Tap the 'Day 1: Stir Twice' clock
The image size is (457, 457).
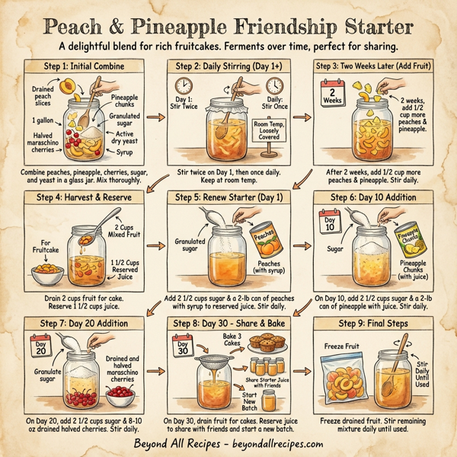coord(183,85)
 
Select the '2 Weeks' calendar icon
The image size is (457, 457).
coord(331,94)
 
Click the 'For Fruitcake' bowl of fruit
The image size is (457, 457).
coord(46,272)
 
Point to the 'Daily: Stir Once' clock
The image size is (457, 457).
coord(276,85)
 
